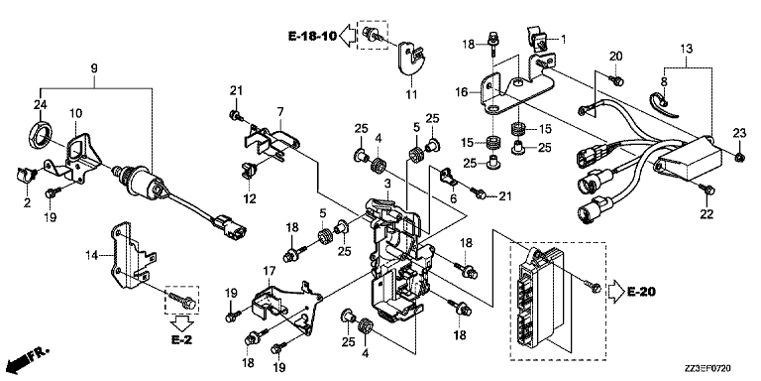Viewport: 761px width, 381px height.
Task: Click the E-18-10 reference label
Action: (x=311, y=36)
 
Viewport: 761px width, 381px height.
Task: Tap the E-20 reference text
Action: (x=641, y=292)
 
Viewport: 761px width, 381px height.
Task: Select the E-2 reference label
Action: (x=181, y=339)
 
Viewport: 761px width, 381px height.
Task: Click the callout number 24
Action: (x=40, y=104)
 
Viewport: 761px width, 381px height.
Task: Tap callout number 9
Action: (x=94, y=68)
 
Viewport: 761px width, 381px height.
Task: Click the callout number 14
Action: (x=92, y=255)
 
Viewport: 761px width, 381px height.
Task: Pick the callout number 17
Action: (x=269, y=270)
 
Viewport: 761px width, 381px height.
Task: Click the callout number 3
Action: (x=386, y=184)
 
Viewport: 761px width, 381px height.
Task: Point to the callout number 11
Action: (x=411, y=93)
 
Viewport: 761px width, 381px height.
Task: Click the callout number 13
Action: (x=686, y=49)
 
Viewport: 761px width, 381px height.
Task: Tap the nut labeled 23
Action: (x=738, y=157)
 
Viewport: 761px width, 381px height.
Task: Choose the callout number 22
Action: (x=707, y=213)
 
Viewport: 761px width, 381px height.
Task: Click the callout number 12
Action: (x=250, y=198)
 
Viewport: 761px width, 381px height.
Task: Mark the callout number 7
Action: (x=280, y=112)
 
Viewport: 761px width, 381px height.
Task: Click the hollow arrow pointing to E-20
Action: (x=615, y=292)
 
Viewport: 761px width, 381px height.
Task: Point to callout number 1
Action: (x=564, y=39)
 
